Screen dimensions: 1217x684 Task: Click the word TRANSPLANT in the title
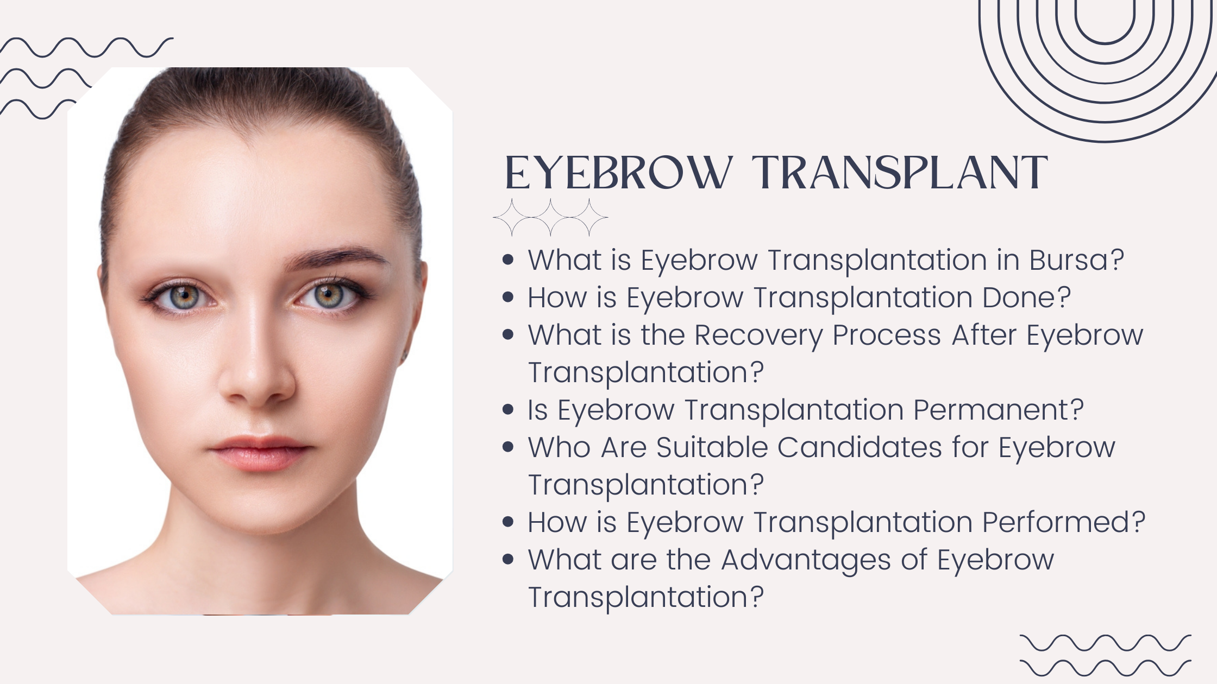click(900, 173)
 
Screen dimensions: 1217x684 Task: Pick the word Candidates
click(861, 447)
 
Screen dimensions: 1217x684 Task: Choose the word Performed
click(1056, 522)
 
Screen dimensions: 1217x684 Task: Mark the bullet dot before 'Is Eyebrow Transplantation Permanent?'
click(509, 410)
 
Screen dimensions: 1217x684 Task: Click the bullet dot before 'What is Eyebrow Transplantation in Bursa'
click(509, 260)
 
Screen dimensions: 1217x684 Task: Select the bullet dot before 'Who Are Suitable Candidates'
click(509, 447)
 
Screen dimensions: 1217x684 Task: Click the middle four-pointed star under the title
click(550, 217)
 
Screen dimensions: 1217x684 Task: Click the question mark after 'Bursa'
click(1117, 260)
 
